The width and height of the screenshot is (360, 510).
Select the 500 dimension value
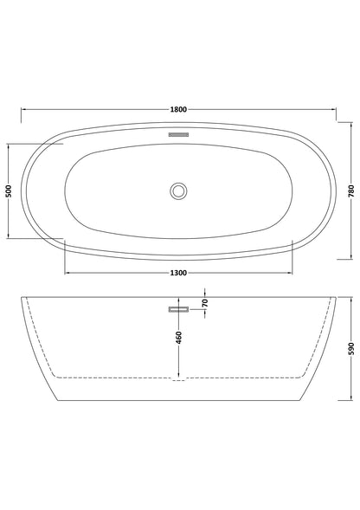pos(9,191)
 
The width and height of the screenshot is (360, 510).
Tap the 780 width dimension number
pos(351,191)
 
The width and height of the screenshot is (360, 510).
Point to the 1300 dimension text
pos(179,274)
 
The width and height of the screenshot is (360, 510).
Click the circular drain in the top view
pos(179,191)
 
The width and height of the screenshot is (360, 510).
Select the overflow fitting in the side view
pos(179,309)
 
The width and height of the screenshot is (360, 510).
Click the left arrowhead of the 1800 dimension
pos(23,110)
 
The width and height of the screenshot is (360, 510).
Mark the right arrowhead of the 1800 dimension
pos(335,110)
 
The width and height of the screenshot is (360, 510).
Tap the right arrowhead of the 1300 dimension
pos(291,274)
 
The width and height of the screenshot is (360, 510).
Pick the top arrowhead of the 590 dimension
pos(351,298)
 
